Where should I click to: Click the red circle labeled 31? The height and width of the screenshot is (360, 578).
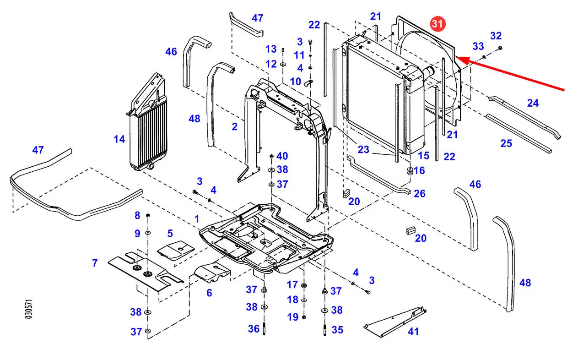[438, 24]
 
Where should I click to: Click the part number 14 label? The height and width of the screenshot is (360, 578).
[119, 139]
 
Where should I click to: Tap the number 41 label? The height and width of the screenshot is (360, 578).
[413, 332]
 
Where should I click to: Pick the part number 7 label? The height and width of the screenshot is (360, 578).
[95, 263]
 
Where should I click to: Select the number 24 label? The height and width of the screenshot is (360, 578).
[533, 103]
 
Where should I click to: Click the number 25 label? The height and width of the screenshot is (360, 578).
[506, 143]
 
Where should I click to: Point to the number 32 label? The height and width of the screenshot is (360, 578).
[496, 36]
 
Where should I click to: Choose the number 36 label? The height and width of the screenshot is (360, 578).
[254, 329]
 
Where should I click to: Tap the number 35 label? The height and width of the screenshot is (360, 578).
[337, 329]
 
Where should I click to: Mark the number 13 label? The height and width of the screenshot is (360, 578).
[271, 49]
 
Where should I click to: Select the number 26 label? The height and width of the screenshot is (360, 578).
[420, 194]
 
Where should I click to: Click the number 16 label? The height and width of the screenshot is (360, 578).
[419, 170]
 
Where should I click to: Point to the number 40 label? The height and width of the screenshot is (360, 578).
[282, 156]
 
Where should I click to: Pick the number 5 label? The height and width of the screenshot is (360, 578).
[170, 234]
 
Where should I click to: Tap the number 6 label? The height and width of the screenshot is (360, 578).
[209, 293]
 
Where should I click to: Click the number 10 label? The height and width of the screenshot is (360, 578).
[295, 82]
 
